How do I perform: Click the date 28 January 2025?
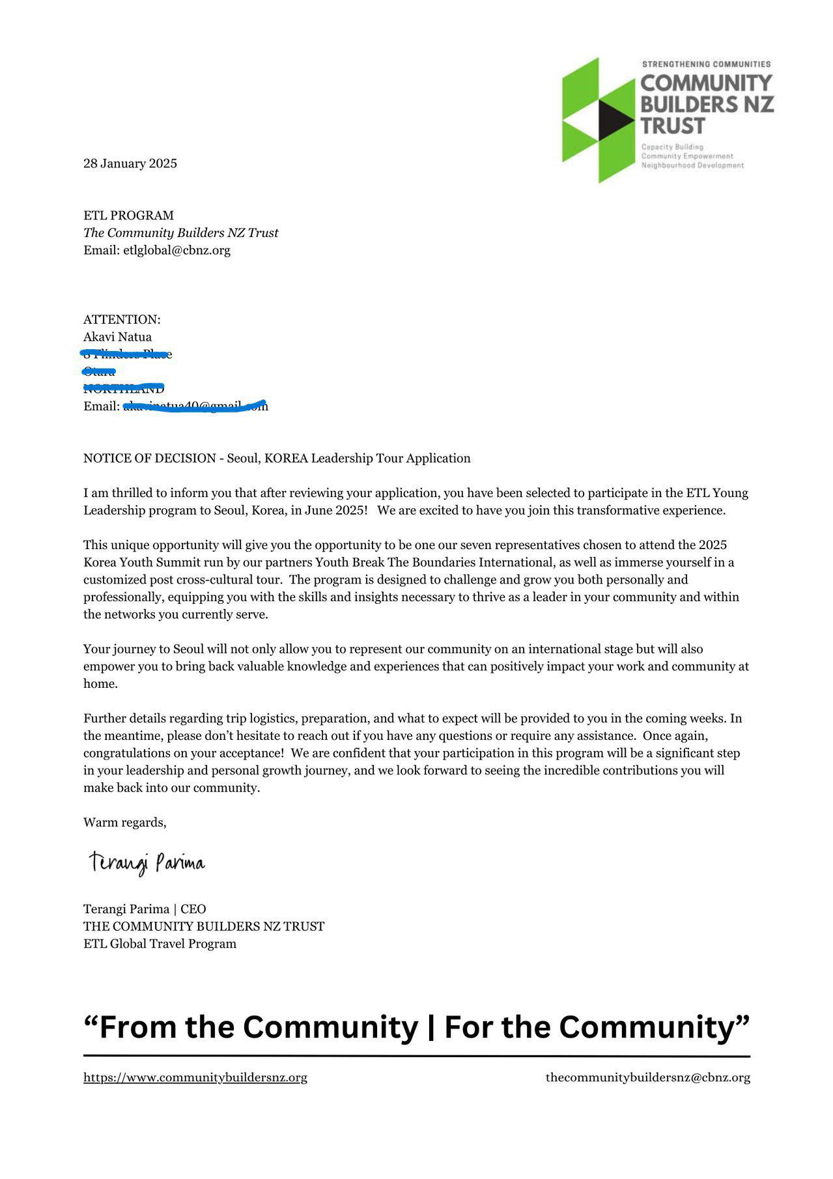(x=130, y=163)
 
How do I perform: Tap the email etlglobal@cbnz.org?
(x=176, y=250)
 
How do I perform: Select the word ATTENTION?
(x=120, y=320)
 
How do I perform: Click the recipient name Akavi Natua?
(x=117, y=337)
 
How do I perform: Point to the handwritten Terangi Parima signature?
(x=147, y=863)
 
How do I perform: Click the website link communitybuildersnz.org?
(x=195, y=1077)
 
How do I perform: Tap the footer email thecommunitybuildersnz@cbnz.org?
(x=647, y=1077)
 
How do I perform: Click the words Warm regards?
(x=124, y=823)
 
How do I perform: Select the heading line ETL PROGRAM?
(x=128, y=216)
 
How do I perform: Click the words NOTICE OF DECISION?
(x=149, y=459)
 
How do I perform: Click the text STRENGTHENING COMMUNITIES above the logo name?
(x=706, y=64)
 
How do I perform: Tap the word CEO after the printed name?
(x=193, y=909)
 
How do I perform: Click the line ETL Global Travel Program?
(x=160, y=944)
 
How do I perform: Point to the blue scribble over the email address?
(x=195, y=407)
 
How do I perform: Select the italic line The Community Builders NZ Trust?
(x=180, y=233)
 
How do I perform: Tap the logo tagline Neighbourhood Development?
(x=692, y=165)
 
